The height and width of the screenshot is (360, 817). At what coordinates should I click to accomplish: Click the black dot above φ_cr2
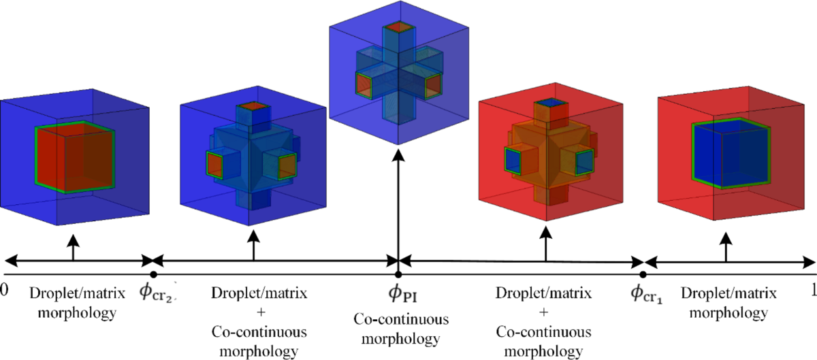point(154,274)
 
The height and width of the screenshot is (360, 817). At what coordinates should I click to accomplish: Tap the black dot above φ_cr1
point(643,274)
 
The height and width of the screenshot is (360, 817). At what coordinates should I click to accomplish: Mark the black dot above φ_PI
point(398,274)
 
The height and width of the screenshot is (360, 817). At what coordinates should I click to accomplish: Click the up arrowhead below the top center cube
point(398,155)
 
